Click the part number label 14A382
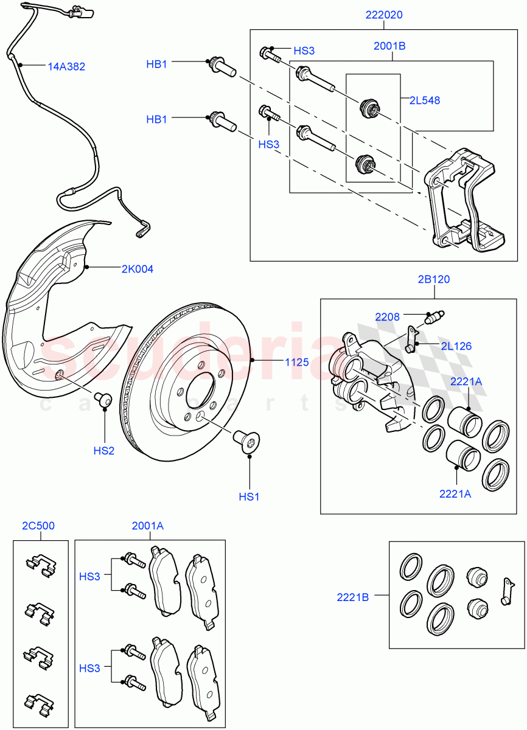pos(66,66)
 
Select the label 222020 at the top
pos(384,15)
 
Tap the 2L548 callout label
pos(424,100)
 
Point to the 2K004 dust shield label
pos(138,269)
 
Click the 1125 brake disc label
pos(296,362)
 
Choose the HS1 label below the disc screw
pos(249,496)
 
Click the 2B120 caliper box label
pos(433,280)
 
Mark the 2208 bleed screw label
pos(388,316)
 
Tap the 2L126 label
pos(456,346)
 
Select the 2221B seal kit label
pos(353,597)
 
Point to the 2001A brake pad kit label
pos(148,526)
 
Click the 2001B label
pos(389,45)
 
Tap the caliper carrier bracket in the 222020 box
pos(462,201)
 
